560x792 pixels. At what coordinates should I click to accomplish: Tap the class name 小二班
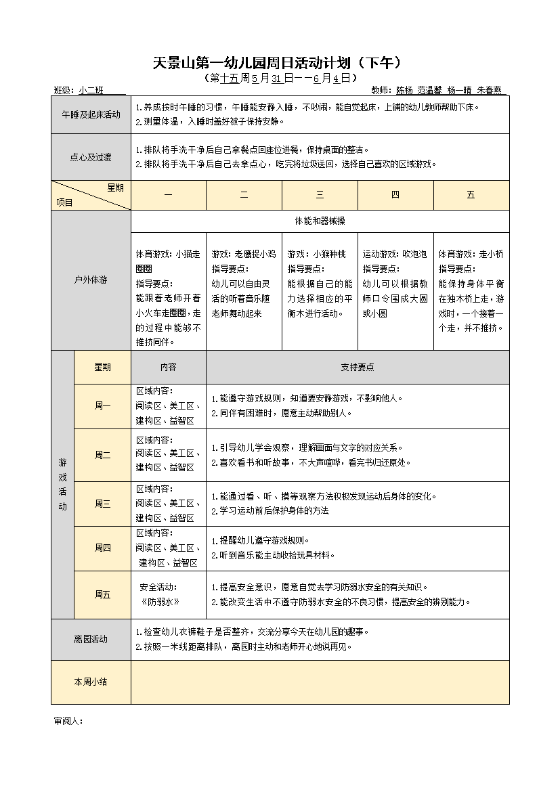pyautogui.click(x=91, y=90)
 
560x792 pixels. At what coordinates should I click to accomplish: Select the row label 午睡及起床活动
pyautogui.click(x=91, y=115)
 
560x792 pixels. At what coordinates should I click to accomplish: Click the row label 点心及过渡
pyautogui.click(x=91, y=157)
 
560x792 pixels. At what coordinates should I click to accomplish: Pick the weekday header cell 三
pyautogui.click(x=320, y=195)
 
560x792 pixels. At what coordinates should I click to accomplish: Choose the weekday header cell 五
pyautogui.click(x=471, y=195)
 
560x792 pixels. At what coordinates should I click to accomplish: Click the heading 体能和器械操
pyautogui.click(x=320, y=221)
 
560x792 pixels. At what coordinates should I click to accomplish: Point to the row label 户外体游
pyautogui.click(x=91, y=280)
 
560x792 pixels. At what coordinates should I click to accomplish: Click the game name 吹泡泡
pyautogui.click(x=413, y=255)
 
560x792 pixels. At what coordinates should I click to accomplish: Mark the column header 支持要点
pyautogui.click(x=357, y=367)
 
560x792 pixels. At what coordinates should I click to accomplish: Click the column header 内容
pyautogui.click(x=168, y=367)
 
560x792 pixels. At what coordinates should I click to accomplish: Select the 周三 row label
pyautogui.click(x=102, y=504)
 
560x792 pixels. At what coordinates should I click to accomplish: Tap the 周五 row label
pyautogui.click(x=102, y=594)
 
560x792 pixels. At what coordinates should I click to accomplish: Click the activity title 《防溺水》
pyautogui.click(x=160, y=602)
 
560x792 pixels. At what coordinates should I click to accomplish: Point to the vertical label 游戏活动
pyautogui.click(x=62, y=483)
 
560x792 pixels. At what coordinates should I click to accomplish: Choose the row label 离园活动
pyautogui.click(x=91, y=639)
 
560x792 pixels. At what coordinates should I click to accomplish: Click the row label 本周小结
pyautogui.click(x=91, y=682)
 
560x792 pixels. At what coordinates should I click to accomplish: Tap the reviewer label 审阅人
pyautogui.click(x=68, y=721)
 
